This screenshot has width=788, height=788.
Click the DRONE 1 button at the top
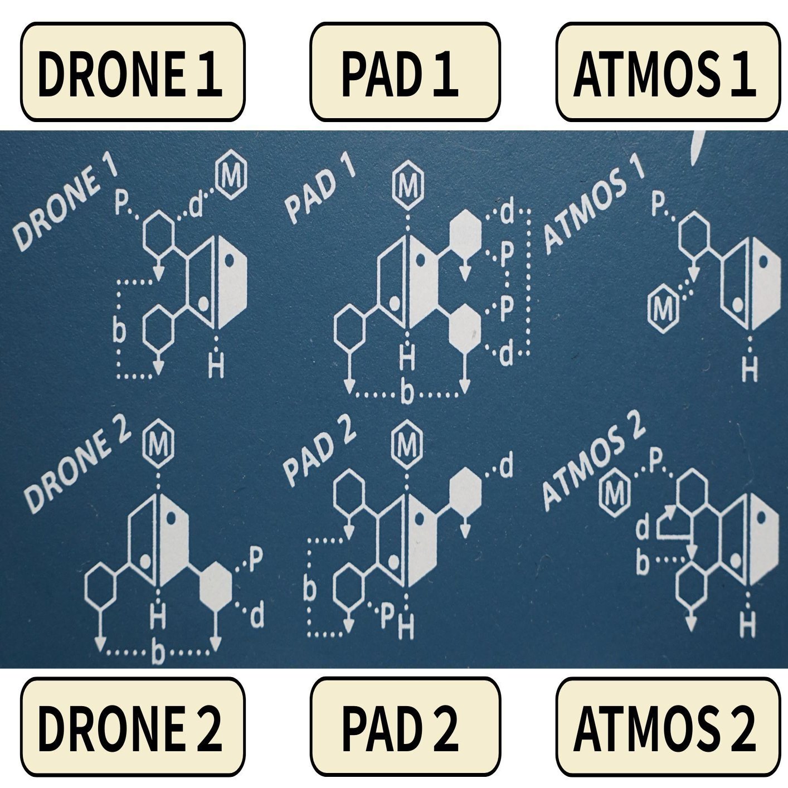(133, 72)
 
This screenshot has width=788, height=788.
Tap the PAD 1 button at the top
(405, 72)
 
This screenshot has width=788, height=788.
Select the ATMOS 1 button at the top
(668, 72)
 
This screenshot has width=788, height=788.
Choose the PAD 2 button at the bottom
(405, 727)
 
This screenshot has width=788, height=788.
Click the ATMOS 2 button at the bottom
(668, 727)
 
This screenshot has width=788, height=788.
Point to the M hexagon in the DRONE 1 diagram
(231, 177)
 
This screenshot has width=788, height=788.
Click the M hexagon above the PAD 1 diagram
(408, 186)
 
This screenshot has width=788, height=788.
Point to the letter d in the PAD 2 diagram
(506, 467)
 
